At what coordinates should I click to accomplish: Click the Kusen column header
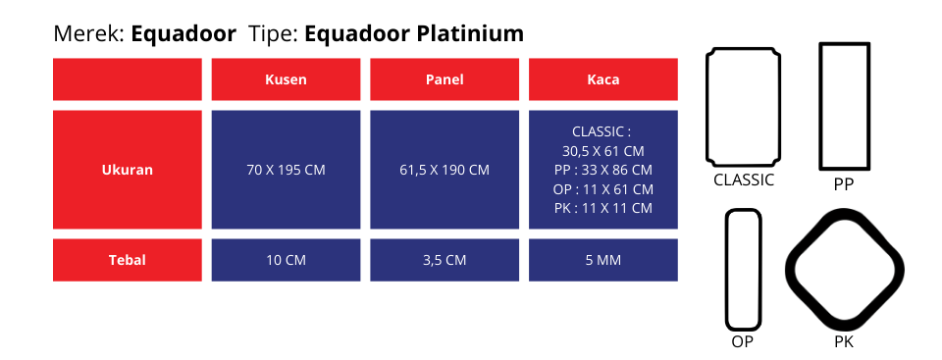(x=286, y=79)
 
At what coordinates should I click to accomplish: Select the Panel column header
(x=445, y=79)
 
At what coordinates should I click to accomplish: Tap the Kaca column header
(x=603, y=79)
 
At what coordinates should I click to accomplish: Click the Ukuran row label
(x=128, y=170)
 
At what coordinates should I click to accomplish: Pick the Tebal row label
(x=128, y=260)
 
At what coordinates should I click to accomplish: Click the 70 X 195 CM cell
(x=286, y=170)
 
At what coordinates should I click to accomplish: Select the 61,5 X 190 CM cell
(x=445, y=170)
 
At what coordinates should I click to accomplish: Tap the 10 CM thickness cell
(x=286, y=260)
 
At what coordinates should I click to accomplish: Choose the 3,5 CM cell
(x=445, y=260)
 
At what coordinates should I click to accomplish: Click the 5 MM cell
(x=603, y=260)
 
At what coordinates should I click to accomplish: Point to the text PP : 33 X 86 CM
(x=603, y=170)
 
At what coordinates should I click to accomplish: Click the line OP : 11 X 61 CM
(x=603, y=189)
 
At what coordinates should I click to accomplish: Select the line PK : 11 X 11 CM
(x=603, y=209)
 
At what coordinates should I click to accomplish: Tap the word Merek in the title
(x=89, y=33)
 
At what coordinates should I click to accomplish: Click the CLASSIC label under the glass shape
(x=744, y=180)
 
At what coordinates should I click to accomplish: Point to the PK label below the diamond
(x=844, y=342)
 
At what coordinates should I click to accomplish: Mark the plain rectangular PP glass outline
(x=821, y=106)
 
